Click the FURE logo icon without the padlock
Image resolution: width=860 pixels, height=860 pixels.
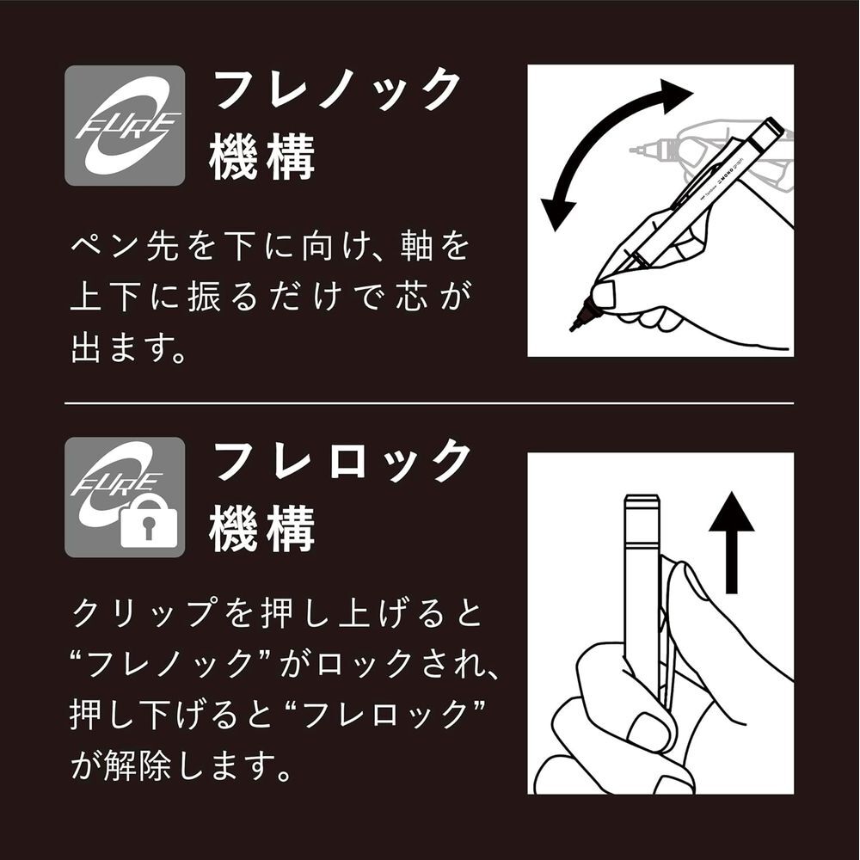click(125, 126)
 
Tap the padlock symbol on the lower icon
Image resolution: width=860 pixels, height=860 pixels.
click(149, 526)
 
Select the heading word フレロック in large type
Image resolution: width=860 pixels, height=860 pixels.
click(342, 460)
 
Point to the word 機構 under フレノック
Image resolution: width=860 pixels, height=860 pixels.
click(262, 157)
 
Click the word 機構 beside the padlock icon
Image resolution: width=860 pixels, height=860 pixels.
click(262, 529)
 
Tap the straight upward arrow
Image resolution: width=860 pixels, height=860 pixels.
click(731, 543)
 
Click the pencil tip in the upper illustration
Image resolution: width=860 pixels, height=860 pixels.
click(574, 328)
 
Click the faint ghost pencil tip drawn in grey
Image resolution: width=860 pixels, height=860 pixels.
click(636, 149)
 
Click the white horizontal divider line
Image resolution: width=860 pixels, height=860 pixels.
click(429, 403)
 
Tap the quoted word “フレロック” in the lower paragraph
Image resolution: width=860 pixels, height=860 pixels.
click(386, 715)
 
